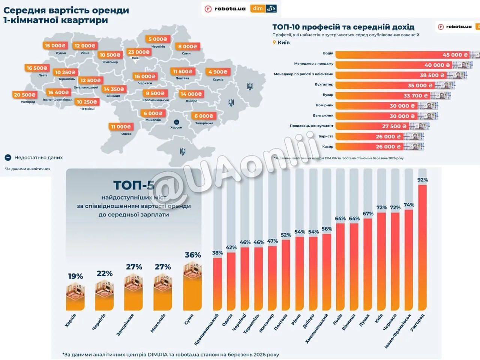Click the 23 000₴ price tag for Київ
pos(139,52)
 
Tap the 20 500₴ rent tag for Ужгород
pos(25,95)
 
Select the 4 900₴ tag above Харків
pos(218,72)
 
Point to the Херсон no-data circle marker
pos(176,122)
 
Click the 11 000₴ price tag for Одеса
pos(121,127)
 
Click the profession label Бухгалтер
pos(324,84)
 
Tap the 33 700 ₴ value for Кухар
pos(415,96)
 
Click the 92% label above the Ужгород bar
pos(423,180)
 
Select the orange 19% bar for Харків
pos(75,296)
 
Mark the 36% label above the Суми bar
pos(193,255)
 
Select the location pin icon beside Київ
pos(274,42)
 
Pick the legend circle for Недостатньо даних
pos(8,158)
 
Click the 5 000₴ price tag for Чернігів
pos(158,39)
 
